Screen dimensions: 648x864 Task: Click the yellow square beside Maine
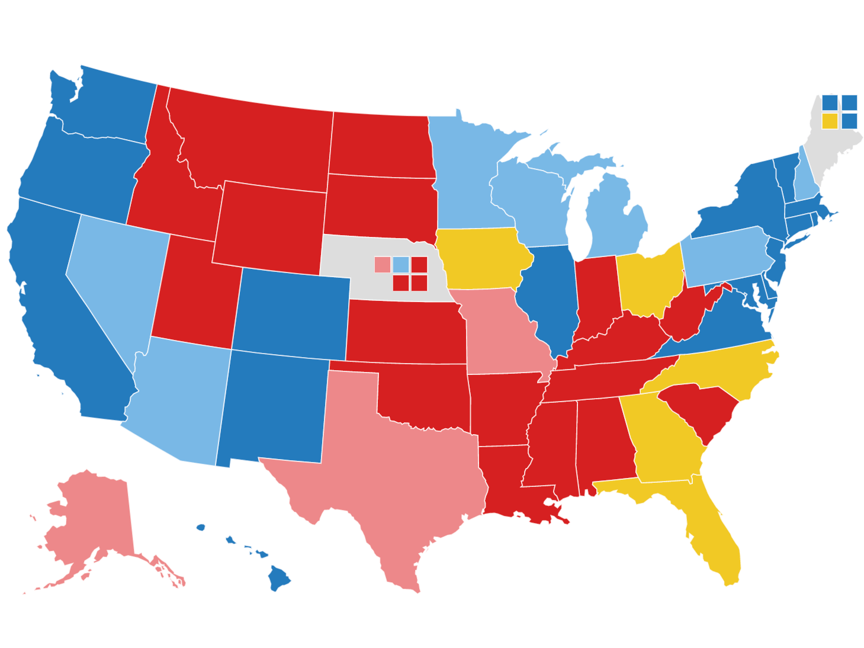[x=830, y=121]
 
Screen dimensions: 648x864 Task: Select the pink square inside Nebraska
[x=383, y=264]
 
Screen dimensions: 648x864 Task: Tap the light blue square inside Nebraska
[x=401, y=264]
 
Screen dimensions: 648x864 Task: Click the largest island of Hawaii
[x=278, y=577]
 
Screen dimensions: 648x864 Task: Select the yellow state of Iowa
[x=483, y=258]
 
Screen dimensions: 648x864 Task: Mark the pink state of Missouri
[x=503, y=332]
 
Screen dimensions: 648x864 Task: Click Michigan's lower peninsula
[x=616, y=219]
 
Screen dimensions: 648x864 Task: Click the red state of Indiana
[x=595, y=296]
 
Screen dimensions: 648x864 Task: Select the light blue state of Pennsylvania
[x=725, y=255]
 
